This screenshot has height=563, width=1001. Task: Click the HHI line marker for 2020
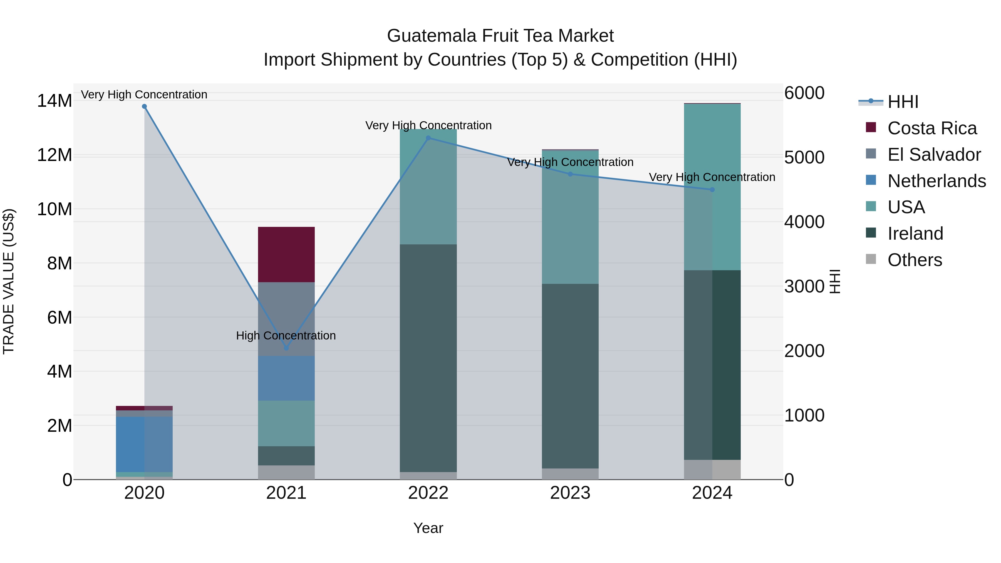[144, 106]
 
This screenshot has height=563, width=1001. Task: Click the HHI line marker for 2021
[286, 348]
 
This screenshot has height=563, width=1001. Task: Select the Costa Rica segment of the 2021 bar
[286, 254]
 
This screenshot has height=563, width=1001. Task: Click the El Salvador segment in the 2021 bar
[286, 319]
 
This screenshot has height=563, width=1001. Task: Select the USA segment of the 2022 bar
[428, 187]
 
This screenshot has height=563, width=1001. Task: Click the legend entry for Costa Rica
[932, 128]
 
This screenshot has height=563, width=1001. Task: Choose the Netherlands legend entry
[936, 181]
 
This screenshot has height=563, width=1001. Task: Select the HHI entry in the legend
[903, 102]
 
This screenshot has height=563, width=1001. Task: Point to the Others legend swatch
[871, 259]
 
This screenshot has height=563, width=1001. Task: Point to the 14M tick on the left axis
[54, 101]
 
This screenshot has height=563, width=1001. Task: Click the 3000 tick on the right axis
[804, 286]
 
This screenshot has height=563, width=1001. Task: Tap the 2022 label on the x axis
[428, 493]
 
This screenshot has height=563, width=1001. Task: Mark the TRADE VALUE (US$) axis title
[9, 281]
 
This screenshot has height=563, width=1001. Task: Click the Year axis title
[428, 528]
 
